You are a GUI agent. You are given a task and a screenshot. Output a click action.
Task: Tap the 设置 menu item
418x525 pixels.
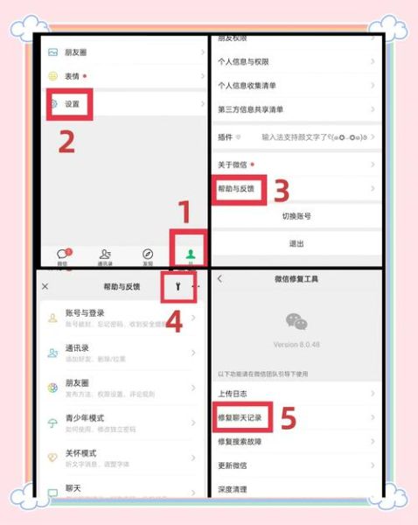tap(72, 104)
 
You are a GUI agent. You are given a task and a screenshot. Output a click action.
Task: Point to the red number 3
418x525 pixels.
tap(281, 190)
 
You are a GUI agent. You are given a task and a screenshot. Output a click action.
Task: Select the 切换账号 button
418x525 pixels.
tap(296, 216)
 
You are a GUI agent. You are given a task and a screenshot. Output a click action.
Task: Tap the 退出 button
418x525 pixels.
tap(296, 243)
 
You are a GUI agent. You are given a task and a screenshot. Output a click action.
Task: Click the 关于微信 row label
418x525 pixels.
tap(233, 165)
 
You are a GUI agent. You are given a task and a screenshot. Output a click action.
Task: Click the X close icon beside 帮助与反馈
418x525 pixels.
tap(45, 286)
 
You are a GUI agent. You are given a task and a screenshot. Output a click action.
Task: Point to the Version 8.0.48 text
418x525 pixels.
tap(296, 344)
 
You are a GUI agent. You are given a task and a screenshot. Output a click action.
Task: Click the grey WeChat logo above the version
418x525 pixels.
tap(296, 322)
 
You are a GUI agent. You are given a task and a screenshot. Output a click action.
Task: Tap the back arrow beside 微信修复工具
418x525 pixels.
tap(219, 279)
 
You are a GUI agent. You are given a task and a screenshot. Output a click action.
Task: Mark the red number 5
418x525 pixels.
tap(289, 420)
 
